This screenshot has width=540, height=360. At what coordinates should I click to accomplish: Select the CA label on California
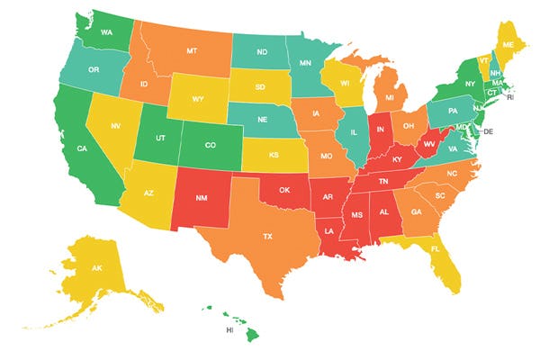(80, 148)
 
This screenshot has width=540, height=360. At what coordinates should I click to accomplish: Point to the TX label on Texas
(267, 236)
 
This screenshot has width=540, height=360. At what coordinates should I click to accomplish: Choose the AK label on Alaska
(96, 268)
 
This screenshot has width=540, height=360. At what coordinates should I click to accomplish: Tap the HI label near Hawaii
(229, 330)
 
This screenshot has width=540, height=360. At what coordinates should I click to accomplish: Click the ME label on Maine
(508, 44)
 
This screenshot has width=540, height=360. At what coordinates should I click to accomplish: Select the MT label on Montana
(193, 52)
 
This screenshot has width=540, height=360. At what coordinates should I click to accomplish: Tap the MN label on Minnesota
(305, 64)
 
